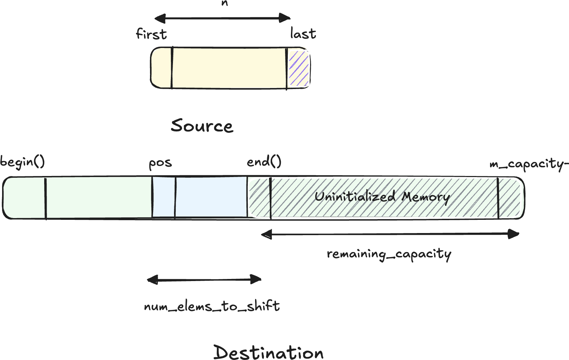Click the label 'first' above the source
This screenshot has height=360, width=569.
point(151,34)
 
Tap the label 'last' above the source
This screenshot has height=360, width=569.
point(303,34)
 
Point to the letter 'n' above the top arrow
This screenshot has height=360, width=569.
point(224,3)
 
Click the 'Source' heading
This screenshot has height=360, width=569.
point(202,126)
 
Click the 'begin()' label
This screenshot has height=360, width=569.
point(23,162)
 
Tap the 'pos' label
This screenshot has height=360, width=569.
point(160,163)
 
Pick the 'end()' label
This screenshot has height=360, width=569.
point(264,161)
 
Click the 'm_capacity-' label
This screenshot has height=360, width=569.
point(529,163)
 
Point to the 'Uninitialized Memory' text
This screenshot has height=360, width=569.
point(382,197)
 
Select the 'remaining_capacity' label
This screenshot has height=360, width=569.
point(389,254)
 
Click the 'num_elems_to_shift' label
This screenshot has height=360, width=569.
point(212,306)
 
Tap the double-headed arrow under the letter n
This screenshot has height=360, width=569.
point(222,18)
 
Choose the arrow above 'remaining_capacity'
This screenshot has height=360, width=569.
point(390,234)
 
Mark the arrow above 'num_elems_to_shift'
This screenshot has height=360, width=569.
point(204,279)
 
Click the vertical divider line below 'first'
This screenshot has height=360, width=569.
point(172,68)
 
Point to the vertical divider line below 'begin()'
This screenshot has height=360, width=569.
point(46,198)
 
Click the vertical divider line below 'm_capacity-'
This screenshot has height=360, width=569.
point(498,198)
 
